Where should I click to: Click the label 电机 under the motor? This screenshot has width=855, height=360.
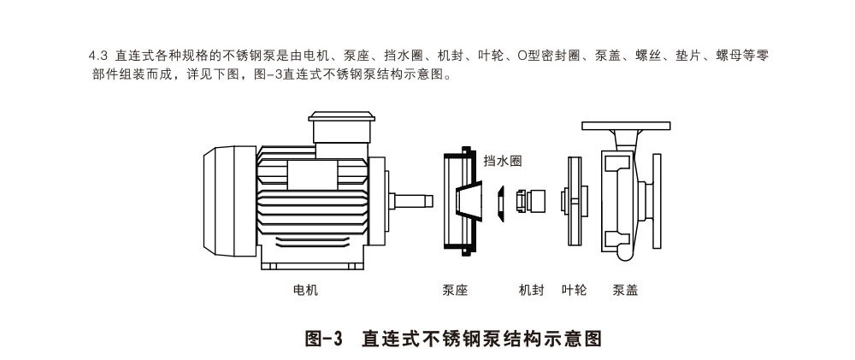(x=305, y=291)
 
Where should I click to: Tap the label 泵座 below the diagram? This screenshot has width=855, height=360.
(x=455, y=291)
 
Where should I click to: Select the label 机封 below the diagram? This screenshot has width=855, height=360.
(x=531, y=291)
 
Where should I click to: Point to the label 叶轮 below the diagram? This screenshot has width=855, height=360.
(x=574, y=291)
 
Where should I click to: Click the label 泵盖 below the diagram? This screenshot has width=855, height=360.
(x=625, y=291)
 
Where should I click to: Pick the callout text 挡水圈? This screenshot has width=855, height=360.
(x=502, y=161)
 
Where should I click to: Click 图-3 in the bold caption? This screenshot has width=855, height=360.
(x=324, y=338)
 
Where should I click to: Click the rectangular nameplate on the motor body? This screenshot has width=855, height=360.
(x=312, y=175)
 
